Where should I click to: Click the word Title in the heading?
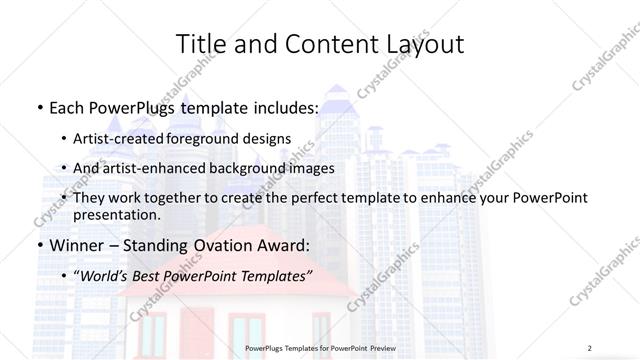point(200,44)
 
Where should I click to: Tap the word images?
point(311,168)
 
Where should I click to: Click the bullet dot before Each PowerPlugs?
point(38,107)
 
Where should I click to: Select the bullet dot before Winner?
point(38,245)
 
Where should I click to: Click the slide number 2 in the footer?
point(590,348)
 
